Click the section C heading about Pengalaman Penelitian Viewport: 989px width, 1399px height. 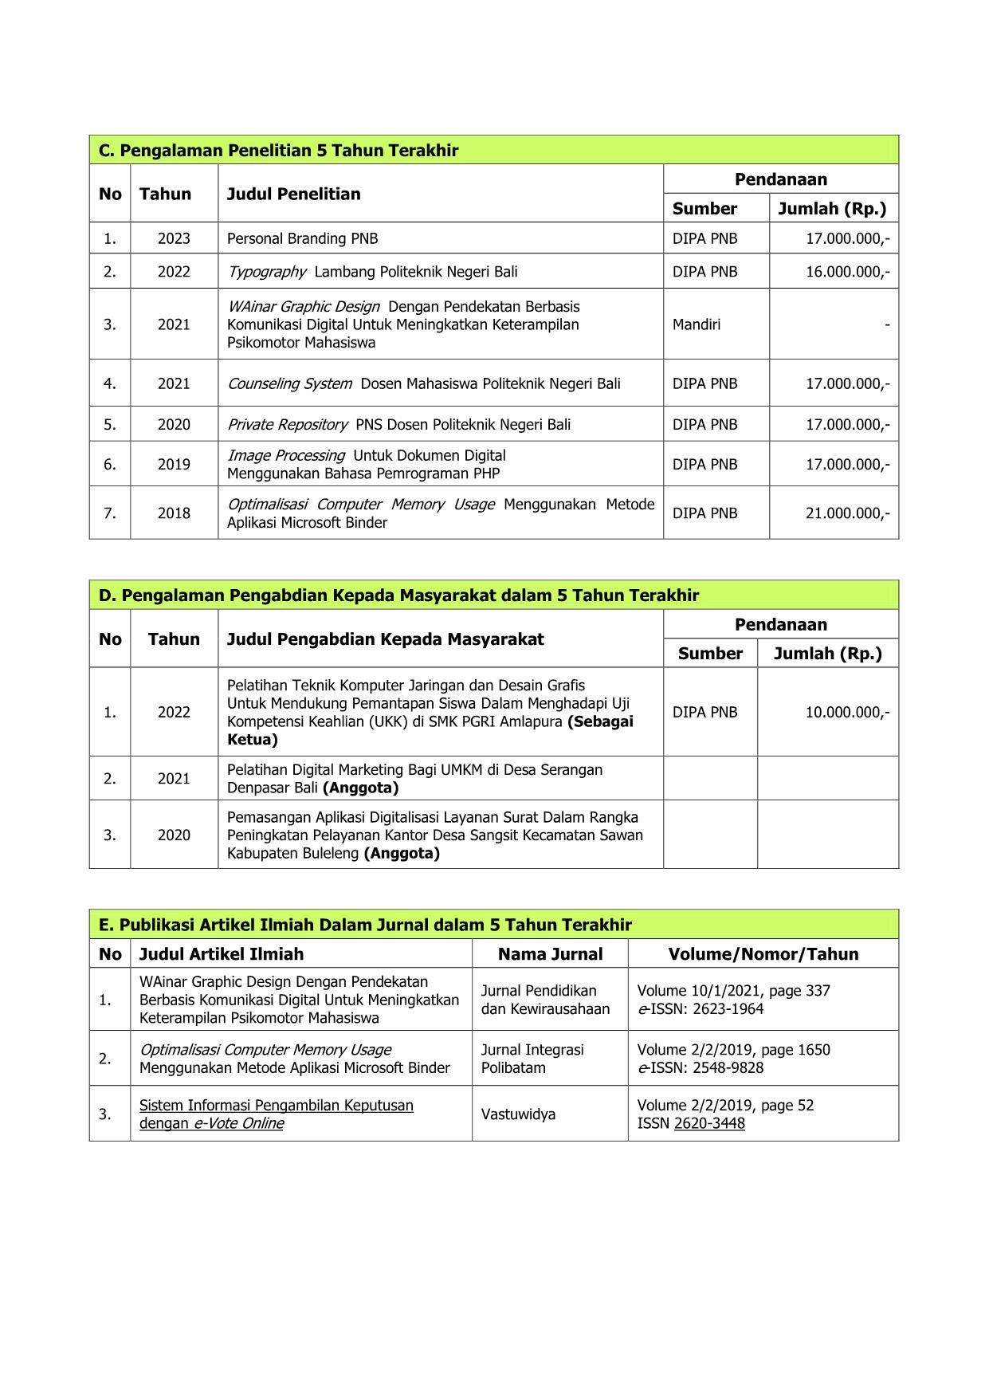click(x=278, y=151)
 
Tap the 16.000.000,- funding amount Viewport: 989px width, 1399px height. click(x=847, y=272)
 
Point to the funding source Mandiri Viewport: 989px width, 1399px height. click(x=696, y=324)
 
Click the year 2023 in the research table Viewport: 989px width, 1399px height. click(x=174, y=238)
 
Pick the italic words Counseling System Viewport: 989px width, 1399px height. click(x=289, y=383)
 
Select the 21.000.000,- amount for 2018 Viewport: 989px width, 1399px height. click(x=847, y=513)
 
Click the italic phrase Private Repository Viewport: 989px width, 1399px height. click(x=287, y=425)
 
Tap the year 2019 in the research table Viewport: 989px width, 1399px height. click(x=174, y=465)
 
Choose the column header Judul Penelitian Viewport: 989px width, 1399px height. click(x=293, y=194)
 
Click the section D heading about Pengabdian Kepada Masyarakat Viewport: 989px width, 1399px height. click(x=398, y=595)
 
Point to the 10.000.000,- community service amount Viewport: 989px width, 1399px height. click(x=847, y=713)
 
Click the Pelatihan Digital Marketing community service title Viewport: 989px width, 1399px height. click(x=414, y=779)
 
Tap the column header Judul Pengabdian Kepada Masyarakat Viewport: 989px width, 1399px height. click(x=385, y=639)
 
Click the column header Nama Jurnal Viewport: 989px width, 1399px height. click(x=550, y=954)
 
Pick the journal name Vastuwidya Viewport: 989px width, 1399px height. click(x=518, y=1114)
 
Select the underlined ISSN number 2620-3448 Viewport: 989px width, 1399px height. click(x=709, y=1124)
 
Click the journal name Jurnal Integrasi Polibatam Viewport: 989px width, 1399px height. click(x=532, y=1059)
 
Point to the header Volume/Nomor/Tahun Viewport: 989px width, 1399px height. click(x=763, y=954)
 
